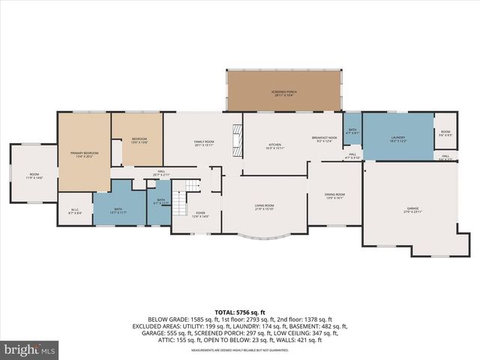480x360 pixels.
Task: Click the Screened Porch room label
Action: (x=284, y=92)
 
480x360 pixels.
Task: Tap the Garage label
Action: (x=413, y=210)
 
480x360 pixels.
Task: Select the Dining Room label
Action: (x=334, y=196)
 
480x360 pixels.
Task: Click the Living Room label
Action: (x=264, y=207)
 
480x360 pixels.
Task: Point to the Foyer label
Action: (x=201, y=214)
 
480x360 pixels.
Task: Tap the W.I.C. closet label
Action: (x=75, y=212)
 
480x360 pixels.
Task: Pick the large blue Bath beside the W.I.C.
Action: (x=118, y=211)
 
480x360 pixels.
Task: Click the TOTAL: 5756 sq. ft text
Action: (x=240, y=311)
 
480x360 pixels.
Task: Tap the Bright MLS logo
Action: (x=30, y=349)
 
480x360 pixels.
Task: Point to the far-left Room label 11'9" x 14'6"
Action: (x=34, y=175)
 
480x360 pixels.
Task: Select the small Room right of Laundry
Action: (x=445, y=134)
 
